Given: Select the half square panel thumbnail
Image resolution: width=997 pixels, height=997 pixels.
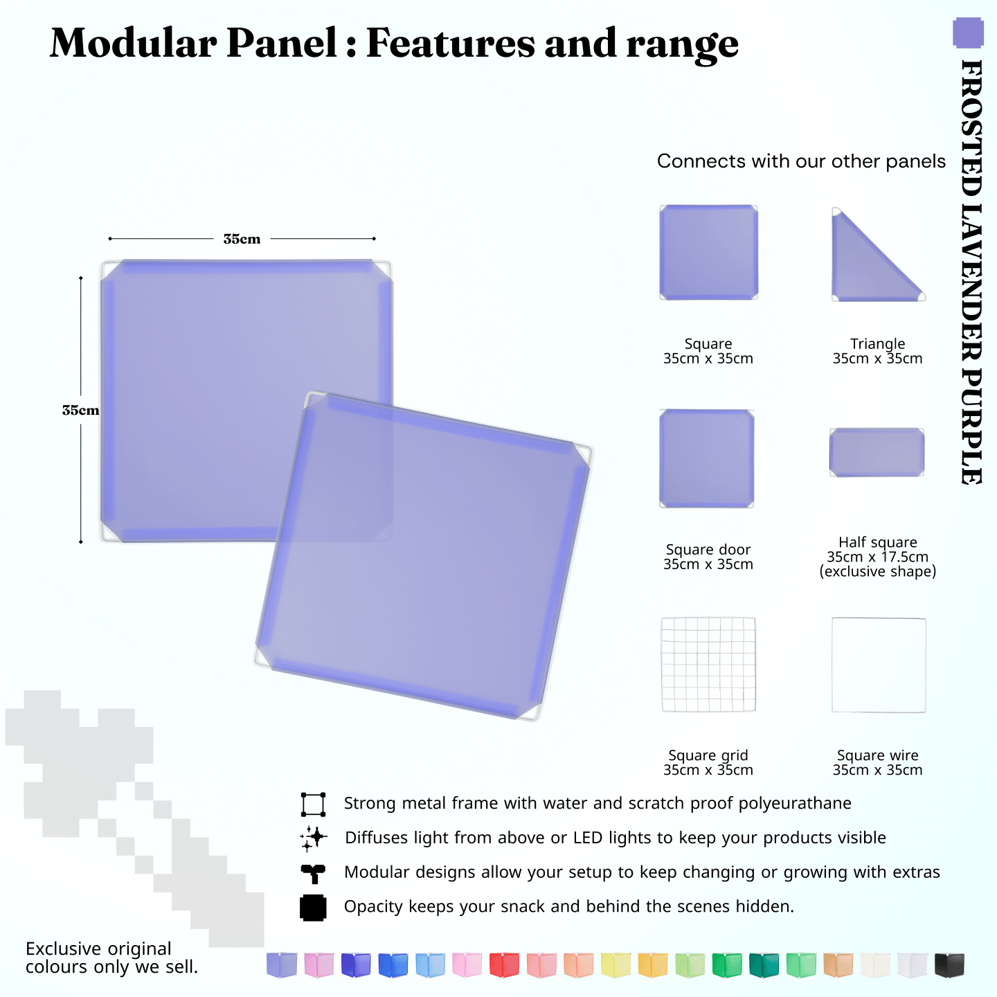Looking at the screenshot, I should tap(877, 452).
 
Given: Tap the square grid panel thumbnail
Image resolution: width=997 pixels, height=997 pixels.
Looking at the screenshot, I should tap(708, 665).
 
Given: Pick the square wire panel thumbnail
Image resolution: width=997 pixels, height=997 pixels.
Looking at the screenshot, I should tap(879, 665).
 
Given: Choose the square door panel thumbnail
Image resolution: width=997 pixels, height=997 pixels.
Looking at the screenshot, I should tap(707, 458).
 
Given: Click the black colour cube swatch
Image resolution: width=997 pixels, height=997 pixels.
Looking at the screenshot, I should tap(949, 964).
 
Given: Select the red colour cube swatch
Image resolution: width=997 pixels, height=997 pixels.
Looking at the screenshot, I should tap(504, 964).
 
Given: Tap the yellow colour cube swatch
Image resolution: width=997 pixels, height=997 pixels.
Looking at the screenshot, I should tap(616, 964).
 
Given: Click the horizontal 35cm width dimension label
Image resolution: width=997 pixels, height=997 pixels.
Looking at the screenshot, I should tap(242, 239).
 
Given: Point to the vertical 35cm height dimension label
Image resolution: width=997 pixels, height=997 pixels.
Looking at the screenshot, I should tap(80, 410).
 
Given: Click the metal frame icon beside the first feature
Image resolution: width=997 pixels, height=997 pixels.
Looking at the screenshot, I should tap(313, 805).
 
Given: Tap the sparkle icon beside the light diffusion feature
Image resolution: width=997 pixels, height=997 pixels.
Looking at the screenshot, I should tap(313, 838).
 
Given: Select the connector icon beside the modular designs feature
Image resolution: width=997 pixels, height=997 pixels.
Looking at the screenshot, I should tap(313, 873).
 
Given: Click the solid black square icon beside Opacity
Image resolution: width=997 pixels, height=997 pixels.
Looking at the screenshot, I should tap(313, 908).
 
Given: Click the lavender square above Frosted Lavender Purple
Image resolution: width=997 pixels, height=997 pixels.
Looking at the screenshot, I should tap(968, 33).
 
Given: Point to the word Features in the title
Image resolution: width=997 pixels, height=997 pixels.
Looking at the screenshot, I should tap(450, 43).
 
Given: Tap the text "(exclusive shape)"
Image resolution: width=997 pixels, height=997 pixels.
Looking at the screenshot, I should tap(877, 572).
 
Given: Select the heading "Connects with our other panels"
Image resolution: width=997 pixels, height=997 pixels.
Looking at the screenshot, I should tap(801, 161).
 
